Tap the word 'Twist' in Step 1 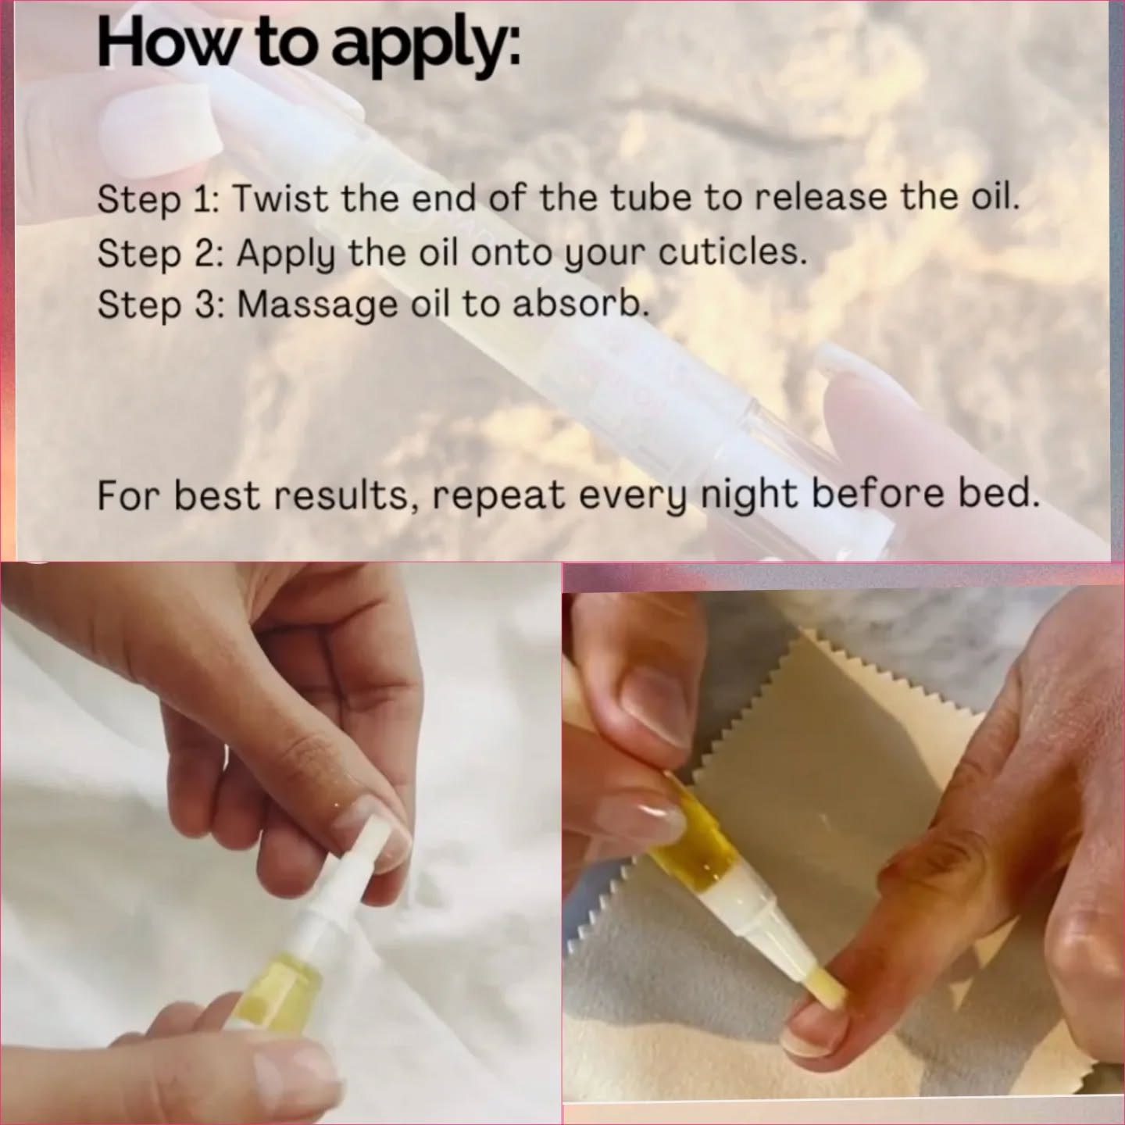281,198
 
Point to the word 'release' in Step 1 821,198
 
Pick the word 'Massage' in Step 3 317,306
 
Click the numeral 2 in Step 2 205,254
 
